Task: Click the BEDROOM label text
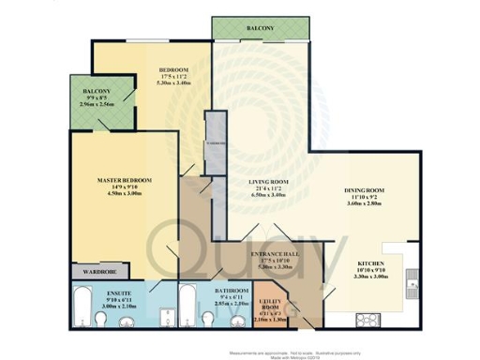tap(173, 70)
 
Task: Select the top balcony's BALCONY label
tap(261, 29)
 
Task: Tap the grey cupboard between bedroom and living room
tap(217, 141)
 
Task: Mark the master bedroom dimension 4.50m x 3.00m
tap(125, 194)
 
